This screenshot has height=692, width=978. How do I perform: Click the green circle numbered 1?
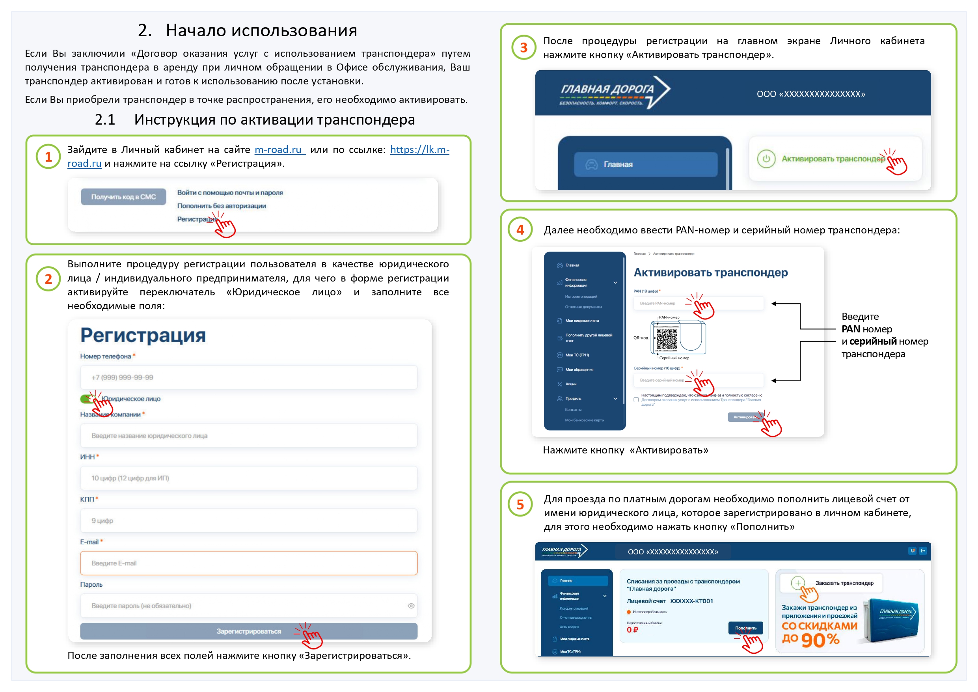48,157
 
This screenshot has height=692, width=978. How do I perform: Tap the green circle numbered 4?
520,229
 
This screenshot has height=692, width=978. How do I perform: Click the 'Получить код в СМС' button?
123,197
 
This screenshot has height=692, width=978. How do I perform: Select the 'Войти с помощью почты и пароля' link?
230,192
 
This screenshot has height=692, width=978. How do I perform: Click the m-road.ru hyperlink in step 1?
279,149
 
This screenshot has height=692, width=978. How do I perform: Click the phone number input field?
248,377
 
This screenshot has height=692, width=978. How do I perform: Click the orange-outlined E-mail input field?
248,563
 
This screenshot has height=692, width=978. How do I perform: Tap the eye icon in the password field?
411,606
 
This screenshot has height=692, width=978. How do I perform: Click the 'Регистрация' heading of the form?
143,335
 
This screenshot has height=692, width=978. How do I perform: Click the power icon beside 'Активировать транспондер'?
766,159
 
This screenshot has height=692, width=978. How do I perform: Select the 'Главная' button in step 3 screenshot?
645,164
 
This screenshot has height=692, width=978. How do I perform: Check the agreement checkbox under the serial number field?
636,400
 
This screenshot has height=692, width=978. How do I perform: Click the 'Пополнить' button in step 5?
745,628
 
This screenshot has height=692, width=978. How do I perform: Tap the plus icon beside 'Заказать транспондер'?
798,583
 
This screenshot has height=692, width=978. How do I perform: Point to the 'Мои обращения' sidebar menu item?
579,369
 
